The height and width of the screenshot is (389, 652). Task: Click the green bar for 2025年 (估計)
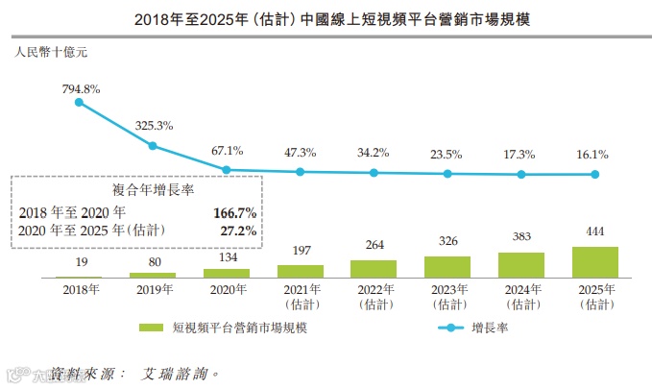pos(594,262)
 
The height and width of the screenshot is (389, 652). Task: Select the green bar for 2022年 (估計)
pos(374,269)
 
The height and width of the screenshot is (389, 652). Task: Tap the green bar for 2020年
pos(226,274)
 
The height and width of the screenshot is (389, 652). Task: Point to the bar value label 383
pos(520,237)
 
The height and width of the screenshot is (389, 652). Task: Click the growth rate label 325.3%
pos(154,125)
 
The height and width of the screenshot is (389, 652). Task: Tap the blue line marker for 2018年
pos(79,102)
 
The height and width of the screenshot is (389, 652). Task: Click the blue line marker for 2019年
pos(152,146)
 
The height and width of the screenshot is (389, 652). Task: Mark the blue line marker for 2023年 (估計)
pos(447,174)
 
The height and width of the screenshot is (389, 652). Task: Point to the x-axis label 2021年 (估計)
pos(300,296)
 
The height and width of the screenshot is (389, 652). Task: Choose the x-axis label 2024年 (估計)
pos(520,296)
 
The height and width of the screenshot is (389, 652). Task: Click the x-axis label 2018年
pos(79,289)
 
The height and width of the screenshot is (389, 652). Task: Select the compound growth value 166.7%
pos(234,211)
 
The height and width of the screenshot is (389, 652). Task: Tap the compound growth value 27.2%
pos(237,231)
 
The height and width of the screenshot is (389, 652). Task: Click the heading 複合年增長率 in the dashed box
pos(133,191)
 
